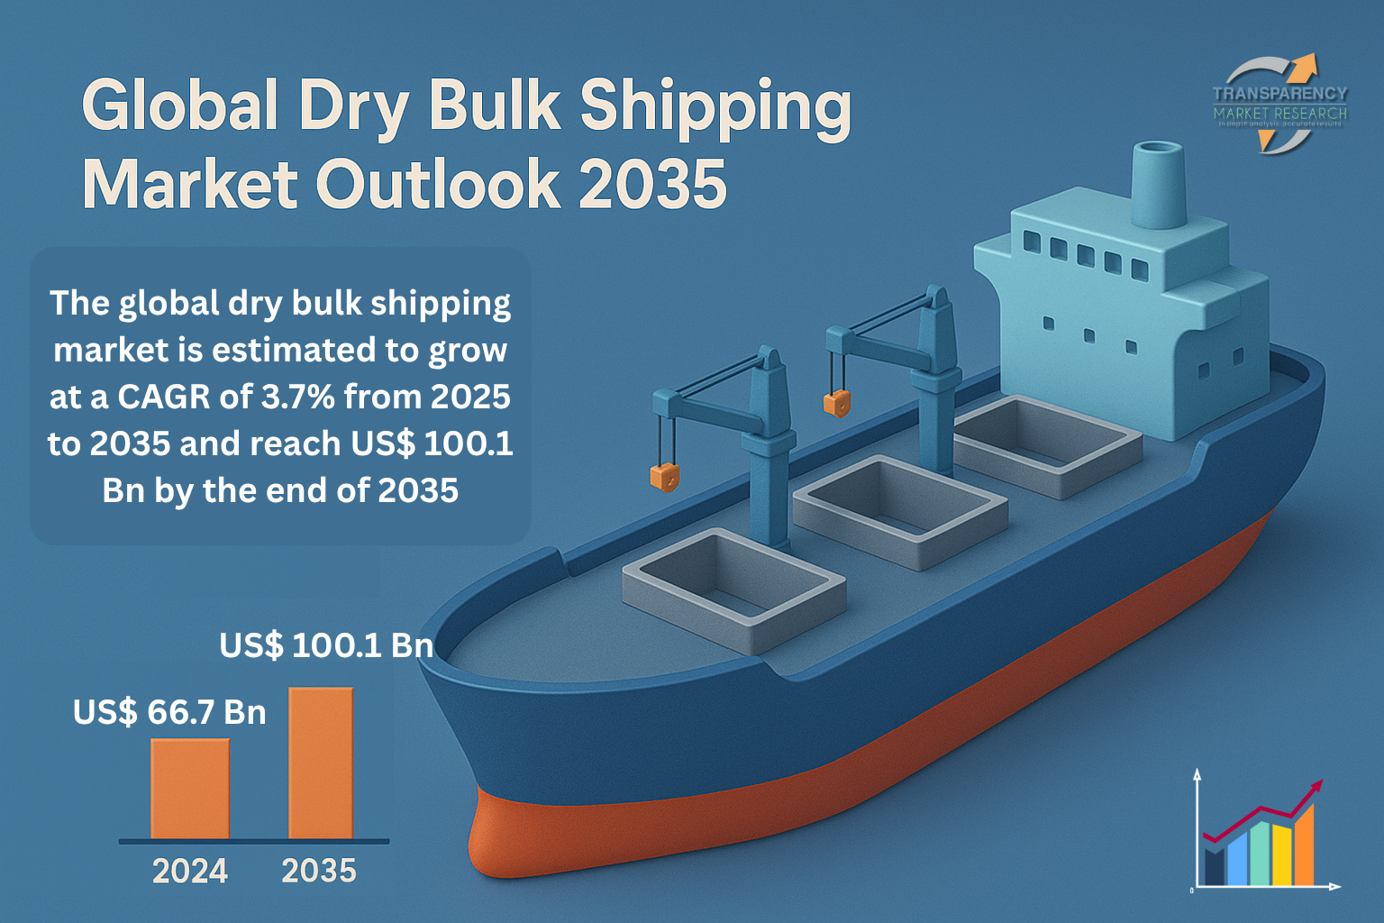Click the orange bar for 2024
click(190, 789)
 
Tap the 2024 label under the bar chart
click(190, 871)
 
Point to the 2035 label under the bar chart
click(319, 871)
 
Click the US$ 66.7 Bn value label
click(169, 712)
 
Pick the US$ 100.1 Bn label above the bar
click(326, 645)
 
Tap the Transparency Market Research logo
click(1279, 104)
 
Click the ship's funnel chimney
click(1159, 185)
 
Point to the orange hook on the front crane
click(664, 477)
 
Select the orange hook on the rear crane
click(837, 403)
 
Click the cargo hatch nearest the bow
click(733, 589)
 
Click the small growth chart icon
click(1261, 834)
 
